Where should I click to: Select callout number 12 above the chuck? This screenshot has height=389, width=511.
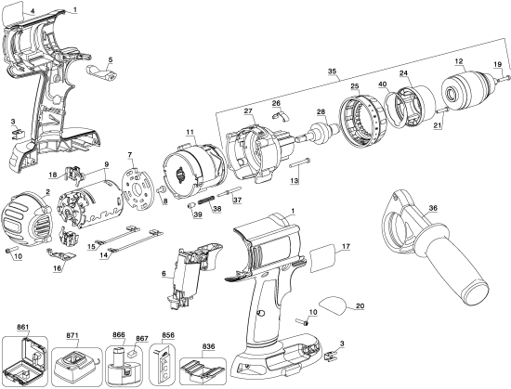pyautogui.click(x=458, y=62)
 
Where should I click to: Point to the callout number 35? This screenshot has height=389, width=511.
pyautogui.click(x=332, y=71)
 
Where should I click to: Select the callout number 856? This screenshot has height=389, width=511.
pyautogui.click(x=168, y=335)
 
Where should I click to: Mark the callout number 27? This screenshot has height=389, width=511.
pyautogui.click(x=248, y=111)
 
